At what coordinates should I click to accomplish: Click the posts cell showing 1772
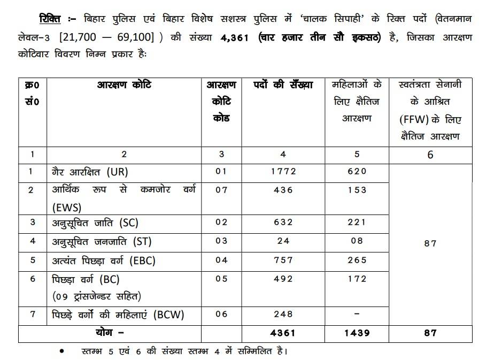click(283, 172)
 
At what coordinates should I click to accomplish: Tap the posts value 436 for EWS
click(283, 190)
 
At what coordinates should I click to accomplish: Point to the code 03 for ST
click(221, 241)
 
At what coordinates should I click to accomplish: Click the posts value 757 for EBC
click(283, 260)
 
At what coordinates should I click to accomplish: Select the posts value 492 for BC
click(283, 279)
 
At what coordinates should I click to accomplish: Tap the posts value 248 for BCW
click(283, 314)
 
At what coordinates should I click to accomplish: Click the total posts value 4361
click(283, 333)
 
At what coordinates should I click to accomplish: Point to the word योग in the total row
click(106, 333)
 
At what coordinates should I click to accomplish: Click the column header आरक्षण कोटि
click(124, 85)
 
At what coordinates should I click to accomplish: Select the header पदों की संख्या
click(283, 85)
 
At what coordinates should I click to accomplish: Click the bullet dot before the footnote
click(62, 351)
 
